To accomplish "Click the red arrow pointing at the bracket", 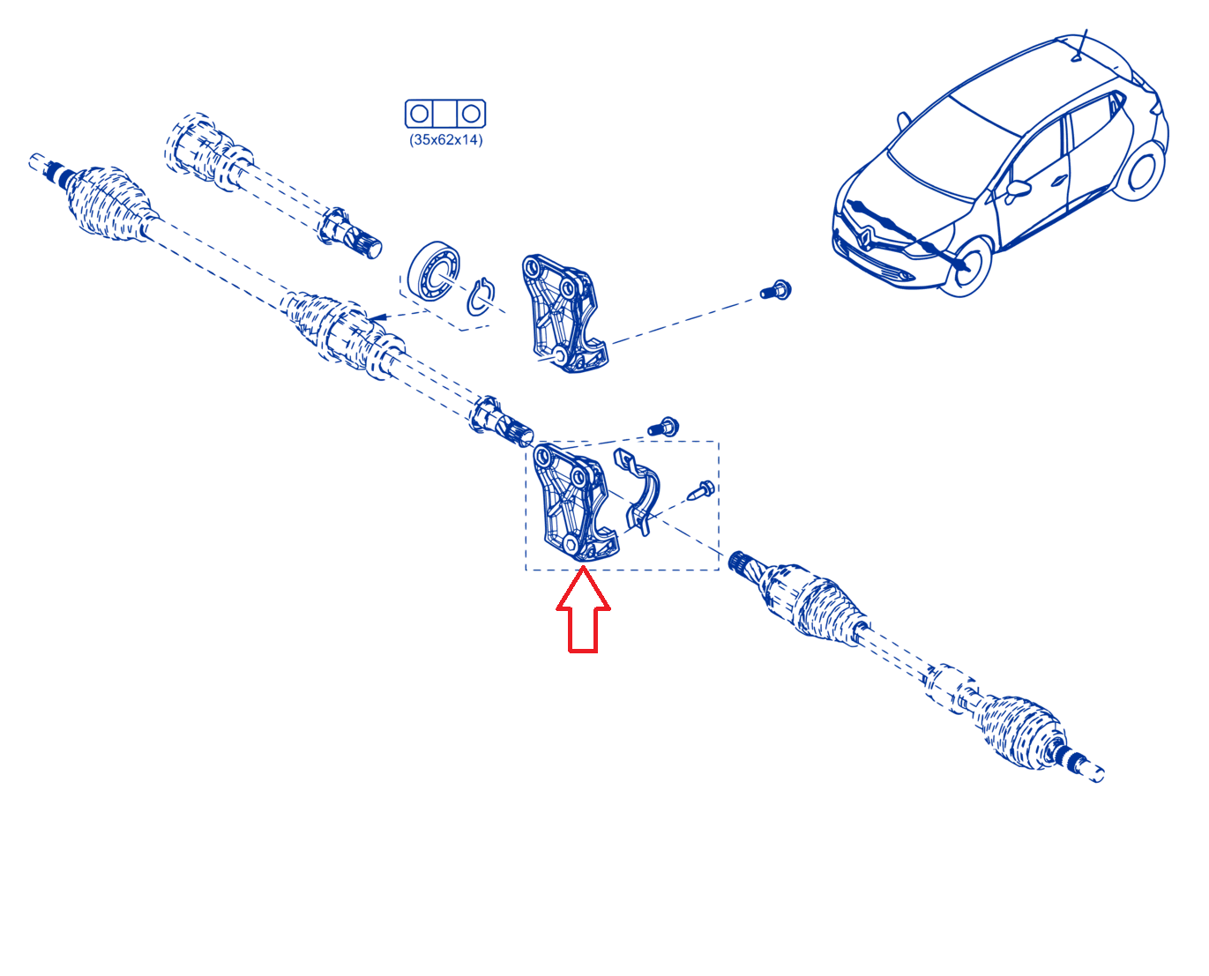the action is pos(583,609).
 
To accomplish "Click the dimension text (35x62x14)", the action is pos(445,139).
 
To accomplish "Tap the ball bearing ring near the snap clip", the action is pos(434,271).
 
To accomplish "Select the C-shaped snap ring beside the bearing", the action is pos(481,296).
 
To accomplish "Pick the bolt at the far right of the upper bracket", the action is pos(776,290).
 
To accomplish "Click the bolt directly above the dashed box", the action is pos(663,427).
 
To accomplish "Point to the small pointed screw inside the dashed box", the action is pos(701,490).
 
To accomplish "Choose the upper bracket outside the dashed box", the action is pos(563,313).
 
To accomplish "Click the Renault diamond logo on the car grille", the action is pos(866,236).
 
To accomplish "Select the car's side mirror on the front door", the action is pos(1017,190).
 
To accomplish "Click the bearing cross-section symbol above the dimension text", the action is pos(445,114).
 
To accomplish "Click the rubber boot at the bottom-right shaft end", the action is pos(1019,733).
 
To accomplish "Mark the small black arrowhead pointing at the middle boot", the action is pos(377,317).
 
